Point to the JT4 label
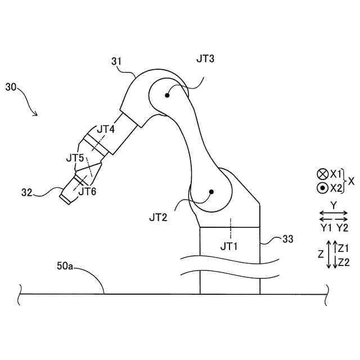(105, 129)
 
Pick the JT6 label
(87, 191)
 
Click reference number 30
(11, 87)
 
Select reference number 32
(28, 192)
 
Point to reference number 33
(287, 240)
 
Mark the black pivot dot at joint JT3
(167, 95)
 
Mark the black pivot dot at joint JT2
(211, 192)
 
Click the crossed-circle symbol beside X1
(322, 174)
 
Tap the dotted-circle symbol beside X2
(322, 187)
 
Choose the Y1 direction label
(326, 227)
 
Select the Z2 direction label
(344, 262)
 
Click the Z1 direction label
(344, 247)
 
